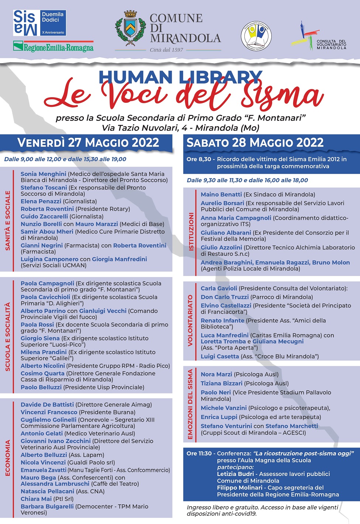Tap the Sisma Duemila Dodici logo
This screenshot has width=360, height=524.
tap(40, 23)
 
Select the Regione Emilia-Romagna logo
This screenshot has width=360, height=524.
tap(54, 47)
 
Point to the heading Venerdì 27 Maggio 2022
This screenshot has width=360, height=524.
tap(88, 143)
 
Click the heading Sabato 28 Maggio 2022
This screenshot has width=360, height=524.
tap(255, 143)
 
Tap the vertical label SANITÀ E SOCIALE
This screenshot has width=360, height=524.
tap(8, 221)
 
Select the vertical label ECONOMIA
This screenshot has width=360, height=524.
tap(8, 458)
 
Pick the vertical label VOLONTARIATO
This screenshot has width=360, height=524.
tap(190, 320)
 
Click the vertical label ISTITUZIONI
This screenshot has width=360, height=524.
tap(191, 232)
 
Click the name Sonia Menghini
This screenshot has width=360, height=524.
tap(44, 174)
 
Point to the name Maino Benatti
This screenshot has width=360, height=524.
tap(221, 194)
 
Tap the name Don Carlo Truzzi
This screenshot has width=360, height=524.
tap(225, 297)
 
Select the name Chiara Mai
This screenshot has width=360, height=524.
tap(36, 499)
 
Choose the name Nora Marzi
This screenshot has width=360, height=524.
tap(216, 374)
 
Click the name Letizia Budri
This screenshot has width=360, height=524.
tap(236, 474)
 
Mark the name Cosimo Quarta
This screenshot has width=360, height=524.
tap(42, 374)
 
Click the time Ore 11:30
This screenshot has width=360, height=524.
tap(199, 453)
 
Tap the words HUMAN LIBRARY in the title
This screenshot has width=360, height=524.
tap(180, 77)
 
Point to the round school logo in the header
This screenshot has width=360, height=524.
tap(256, 36)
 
